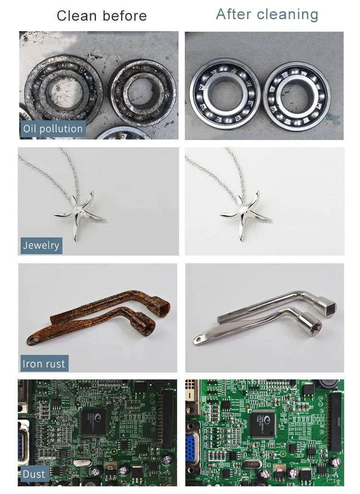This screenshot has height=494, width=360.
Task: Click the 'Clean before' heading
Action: click(102, 16)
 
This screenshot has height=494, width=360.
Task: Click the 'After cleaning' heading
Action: click(267, 14)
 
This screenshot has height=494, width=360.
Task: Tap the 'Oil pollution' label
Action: click(53, 129)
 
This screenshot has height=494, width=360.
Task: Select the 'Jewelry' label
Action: click(41, 245)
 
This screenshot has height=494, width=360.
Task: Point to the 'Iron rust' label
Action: click(44, 364)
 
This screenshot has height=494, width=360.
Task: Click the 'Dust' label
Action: click(34, 474)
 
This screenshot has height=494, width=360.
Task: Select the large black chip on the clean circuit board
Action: click(264, 424)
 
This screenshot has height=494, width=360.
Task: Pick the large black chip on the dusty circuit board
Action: click(94, 422)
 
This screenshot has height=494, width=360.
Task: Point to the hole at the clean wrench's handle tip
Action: click(198, 340)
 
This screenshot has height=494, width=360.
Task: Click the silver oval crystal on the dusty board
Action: click(83, 462)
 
